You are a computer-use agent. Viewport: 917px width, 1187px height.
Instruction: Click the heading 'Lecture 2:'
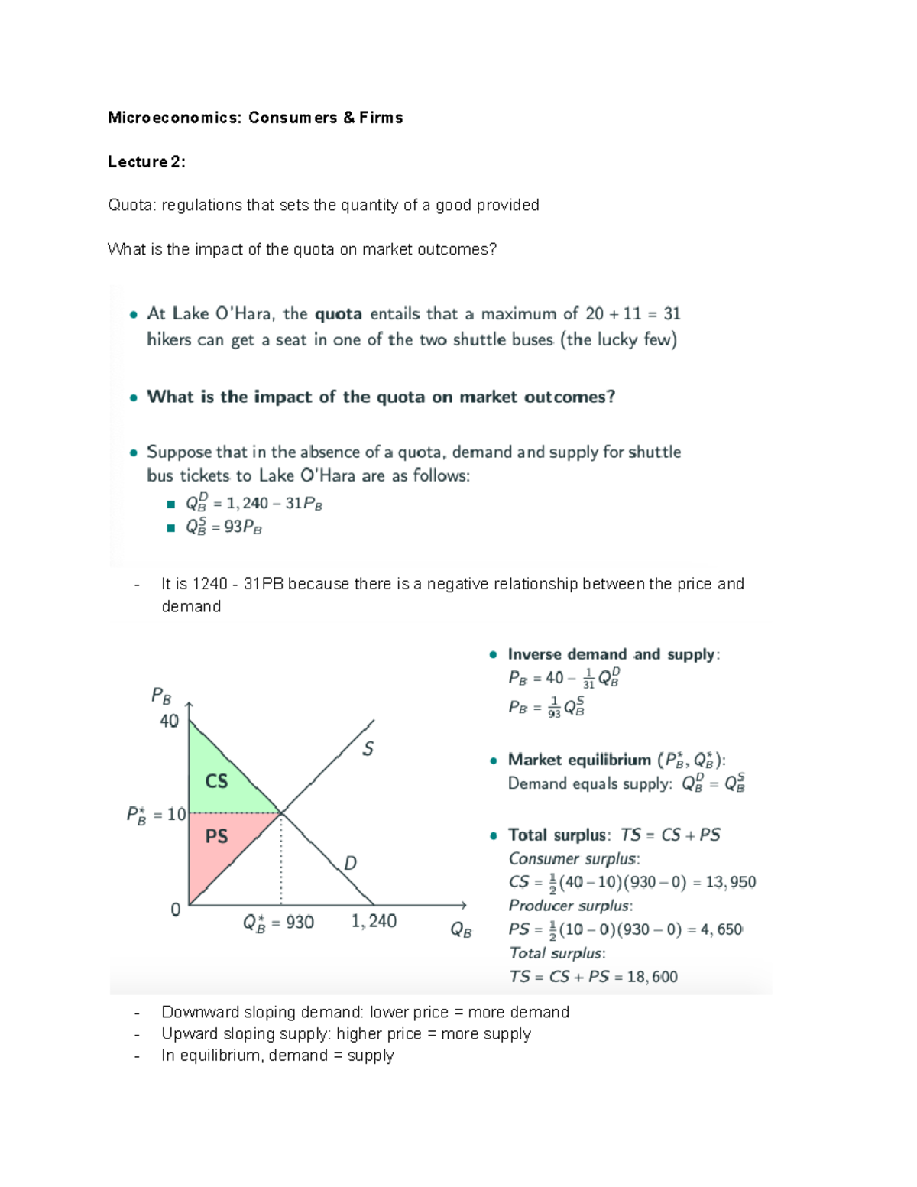pos(146,161)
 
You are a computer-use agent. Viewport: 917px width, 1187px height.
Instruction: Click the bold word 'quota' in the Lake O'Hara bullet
pos(339,313)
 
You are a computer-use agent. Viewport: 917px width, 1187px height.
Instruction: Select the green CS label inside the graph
pos(216,780)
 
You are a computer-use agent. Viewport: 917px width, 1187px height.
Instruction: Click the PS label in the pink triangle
pos(216,836)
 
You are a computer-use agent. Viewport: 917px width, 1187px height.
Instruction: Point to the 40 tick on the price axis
pos(169,721)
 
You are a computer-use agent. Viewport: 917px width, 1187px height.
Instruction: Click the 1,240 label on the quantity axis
pos(374,921)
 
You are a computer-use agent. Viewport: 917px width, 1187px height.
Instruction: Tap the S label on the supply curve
pos(368,748)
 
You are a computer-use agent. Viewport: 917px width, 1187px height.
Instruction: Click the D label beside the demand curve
pos(350,863)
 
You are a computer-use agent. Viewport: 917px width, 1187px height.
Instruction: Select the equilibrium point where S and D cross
pos(282,812)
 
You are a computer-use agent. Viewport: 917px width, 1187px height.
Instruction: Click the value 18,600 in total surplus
pos(652,976)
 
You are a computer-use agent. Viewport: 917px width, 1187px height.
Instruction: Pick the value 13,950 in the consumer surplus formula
pos(731,882)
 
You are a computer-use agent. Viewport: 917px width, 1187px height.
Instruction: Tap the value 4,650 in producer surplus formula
pos(721,929)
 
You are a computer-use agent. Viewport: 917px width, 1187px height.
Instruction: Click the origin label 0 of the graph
pos(176,910)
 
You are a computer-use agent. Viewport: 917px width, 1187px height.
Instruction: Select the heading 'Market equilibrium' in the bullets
pos(579,760)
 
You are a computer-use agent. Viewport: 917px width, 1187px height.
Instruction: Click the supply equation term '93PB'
pos(243,527)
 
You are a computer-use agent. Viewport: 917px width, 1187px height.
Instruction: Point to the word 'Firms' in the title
pos(381,118)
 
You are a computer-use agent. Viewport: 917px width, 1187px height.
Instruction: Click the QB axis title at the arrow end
pos(461,929)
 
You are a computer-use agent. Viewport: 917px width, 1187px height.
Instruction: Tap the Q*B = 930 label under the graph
pos(278,923)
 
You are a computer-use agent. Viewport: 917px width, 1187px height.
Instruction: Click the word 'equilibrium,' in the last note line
pos(222,1056)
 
